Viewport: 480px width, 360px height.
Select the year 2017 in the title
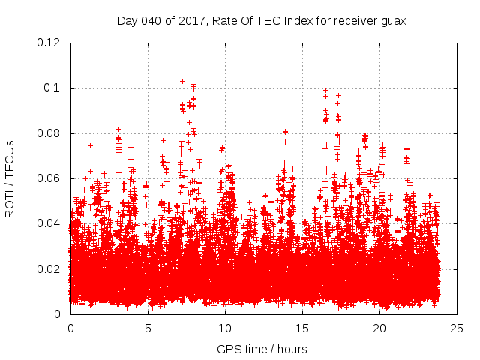coord(186,21)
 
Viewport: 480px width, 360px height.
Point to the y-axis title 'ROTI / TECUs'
coord(10,178)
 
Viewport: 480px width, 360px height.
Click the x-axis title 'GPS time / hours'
coord(262,349)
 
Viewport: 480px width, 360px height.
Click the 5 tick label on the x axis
coord(148,328)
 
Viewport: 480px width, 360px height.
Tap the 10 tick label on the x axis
coord(225,328)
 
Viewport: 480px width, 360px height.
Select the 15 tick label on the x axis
coord(302,328)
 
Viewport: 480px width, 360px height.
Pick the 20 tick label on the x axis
coord(379,328)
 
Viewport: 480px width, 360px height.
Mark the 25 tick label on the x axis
coord(457,328)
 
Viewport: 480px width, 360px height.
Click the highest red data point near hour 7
coord(182,81)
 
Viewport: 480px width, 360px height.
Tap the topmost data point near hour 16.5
coord(325,90)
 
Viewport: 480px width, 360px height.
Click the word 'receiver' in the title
coord(353,21)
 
